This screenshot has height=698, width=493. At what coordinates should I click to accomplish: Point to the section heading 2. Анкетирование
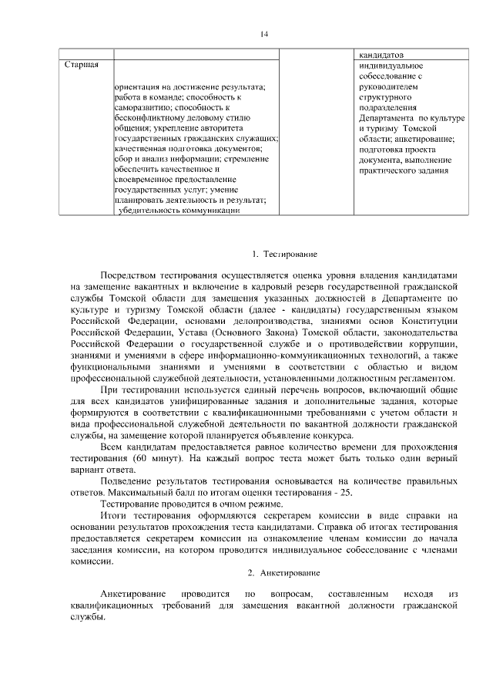click(x=283, y=573)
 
